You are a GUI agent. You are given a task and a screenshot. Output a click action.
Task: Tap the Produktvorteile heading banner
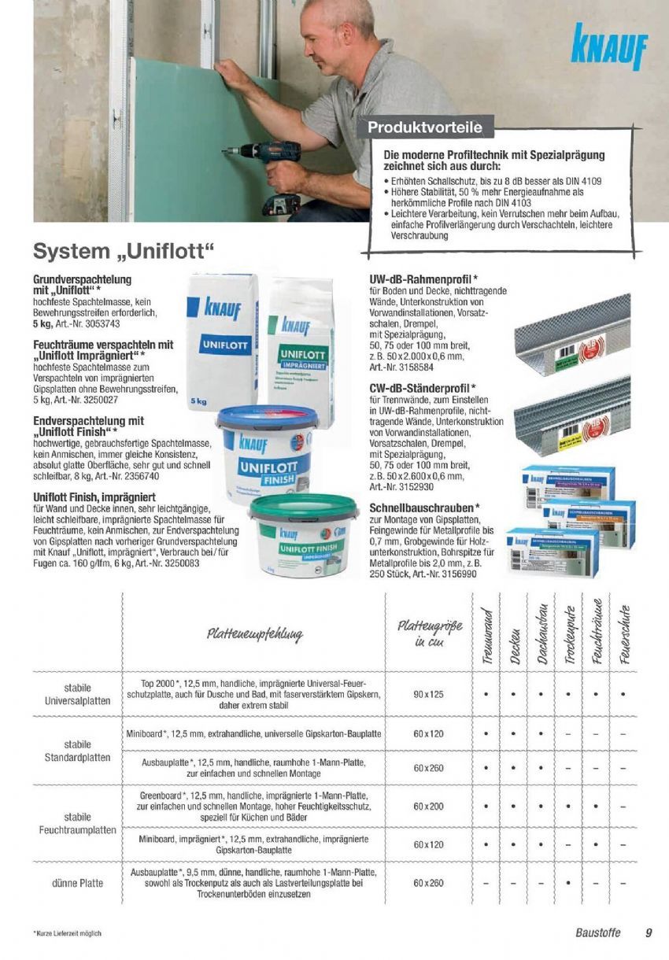(x=425, y=127)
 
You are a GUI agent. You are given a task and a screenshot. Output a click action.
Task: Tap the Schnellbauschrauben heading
(x=425, y=508)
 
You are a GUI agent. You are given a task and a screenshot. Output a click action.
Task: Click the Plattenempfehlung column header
(x=254, y=633)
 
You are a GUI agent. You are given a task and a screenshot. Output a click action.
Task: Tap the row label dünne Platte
(x=78, y=883)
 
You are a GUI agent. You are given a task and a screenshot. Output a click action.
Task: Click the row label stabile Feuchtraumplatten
(x=78, y=823)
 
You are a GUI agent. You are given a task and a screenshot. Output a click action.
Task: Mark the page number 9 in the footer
(x=649, y=933)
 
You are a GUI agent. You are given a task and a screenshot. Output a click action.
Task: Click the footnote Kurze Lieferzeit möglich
(x=68, y=934)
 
